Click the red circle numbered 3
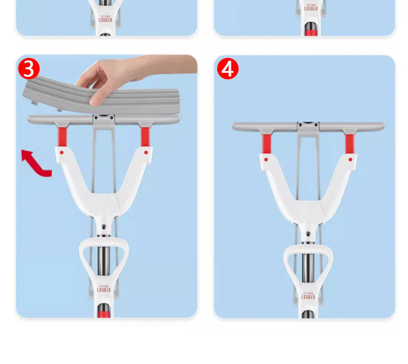point(29,69)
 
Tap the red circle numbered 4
point(228,69)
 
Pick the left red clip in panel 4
point(267,143)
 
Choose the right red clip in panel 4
point(349,143)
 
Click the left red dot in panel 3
point(62,152)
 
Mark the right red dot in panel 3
point(146,152)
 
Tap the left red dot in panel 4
point(266,159)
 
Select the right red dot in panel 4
point(350,159)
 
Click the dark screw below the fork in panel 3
point(104,226)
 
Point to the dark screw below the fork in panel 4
point(308,234)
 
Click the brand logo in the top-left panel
point(105,18)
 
